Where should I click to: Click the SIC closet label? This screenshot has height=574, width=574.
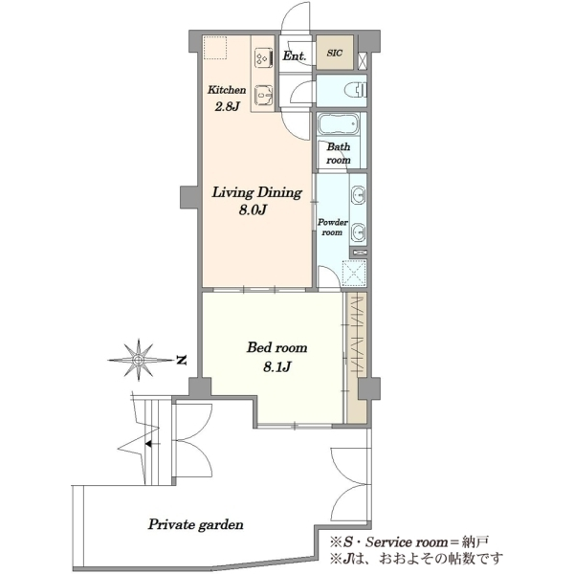(x=335, y=53)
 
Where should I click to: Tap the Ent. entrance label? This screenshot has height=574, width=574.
(x=295, y=56)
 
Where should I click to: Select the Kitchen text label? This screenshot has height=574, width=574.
(x=227, y=90)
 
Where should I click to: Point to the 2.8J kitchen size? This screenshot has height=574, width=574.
(x=227, y=106)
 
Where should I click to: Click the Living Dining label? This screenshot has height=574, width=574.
(x=257, y=192)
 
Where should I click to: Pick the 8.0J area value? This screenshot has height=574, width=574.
(x=253, y=210)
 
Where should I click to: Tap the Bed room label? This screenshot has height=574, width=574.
(x=276, y=347)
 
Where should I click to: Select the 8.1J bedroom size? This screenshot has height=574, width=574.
(x=277, y=366)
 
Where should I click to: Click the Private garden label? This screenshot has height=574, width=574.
(x=195, y=525)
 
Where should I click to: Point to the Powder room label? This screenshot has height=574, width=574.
(x=332, y=228)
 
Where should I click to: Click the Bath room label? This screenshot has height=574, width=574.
(x=339, y=153)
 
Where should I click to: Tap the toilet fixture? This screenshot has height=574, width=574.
(x=357, y=90)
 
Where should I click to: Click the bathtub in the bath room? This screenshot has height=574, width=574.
(x=338, y=124)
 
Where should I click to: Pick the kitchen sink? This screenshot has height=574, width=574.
(x=264, y=96)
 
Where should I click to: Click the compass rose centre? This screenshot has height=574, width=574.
(x=139, y=360)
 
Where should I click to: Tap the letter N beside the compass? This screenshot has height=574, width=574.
(x=181, y=360)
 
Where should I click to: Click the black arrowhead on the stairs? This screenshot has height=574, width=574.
(x=148, y=444)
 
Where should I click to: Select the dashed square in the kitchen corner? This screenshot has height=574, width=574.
(x=215, y=47)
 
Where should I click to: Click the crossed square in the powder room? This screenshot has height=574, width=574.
(x=354, y=273)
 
